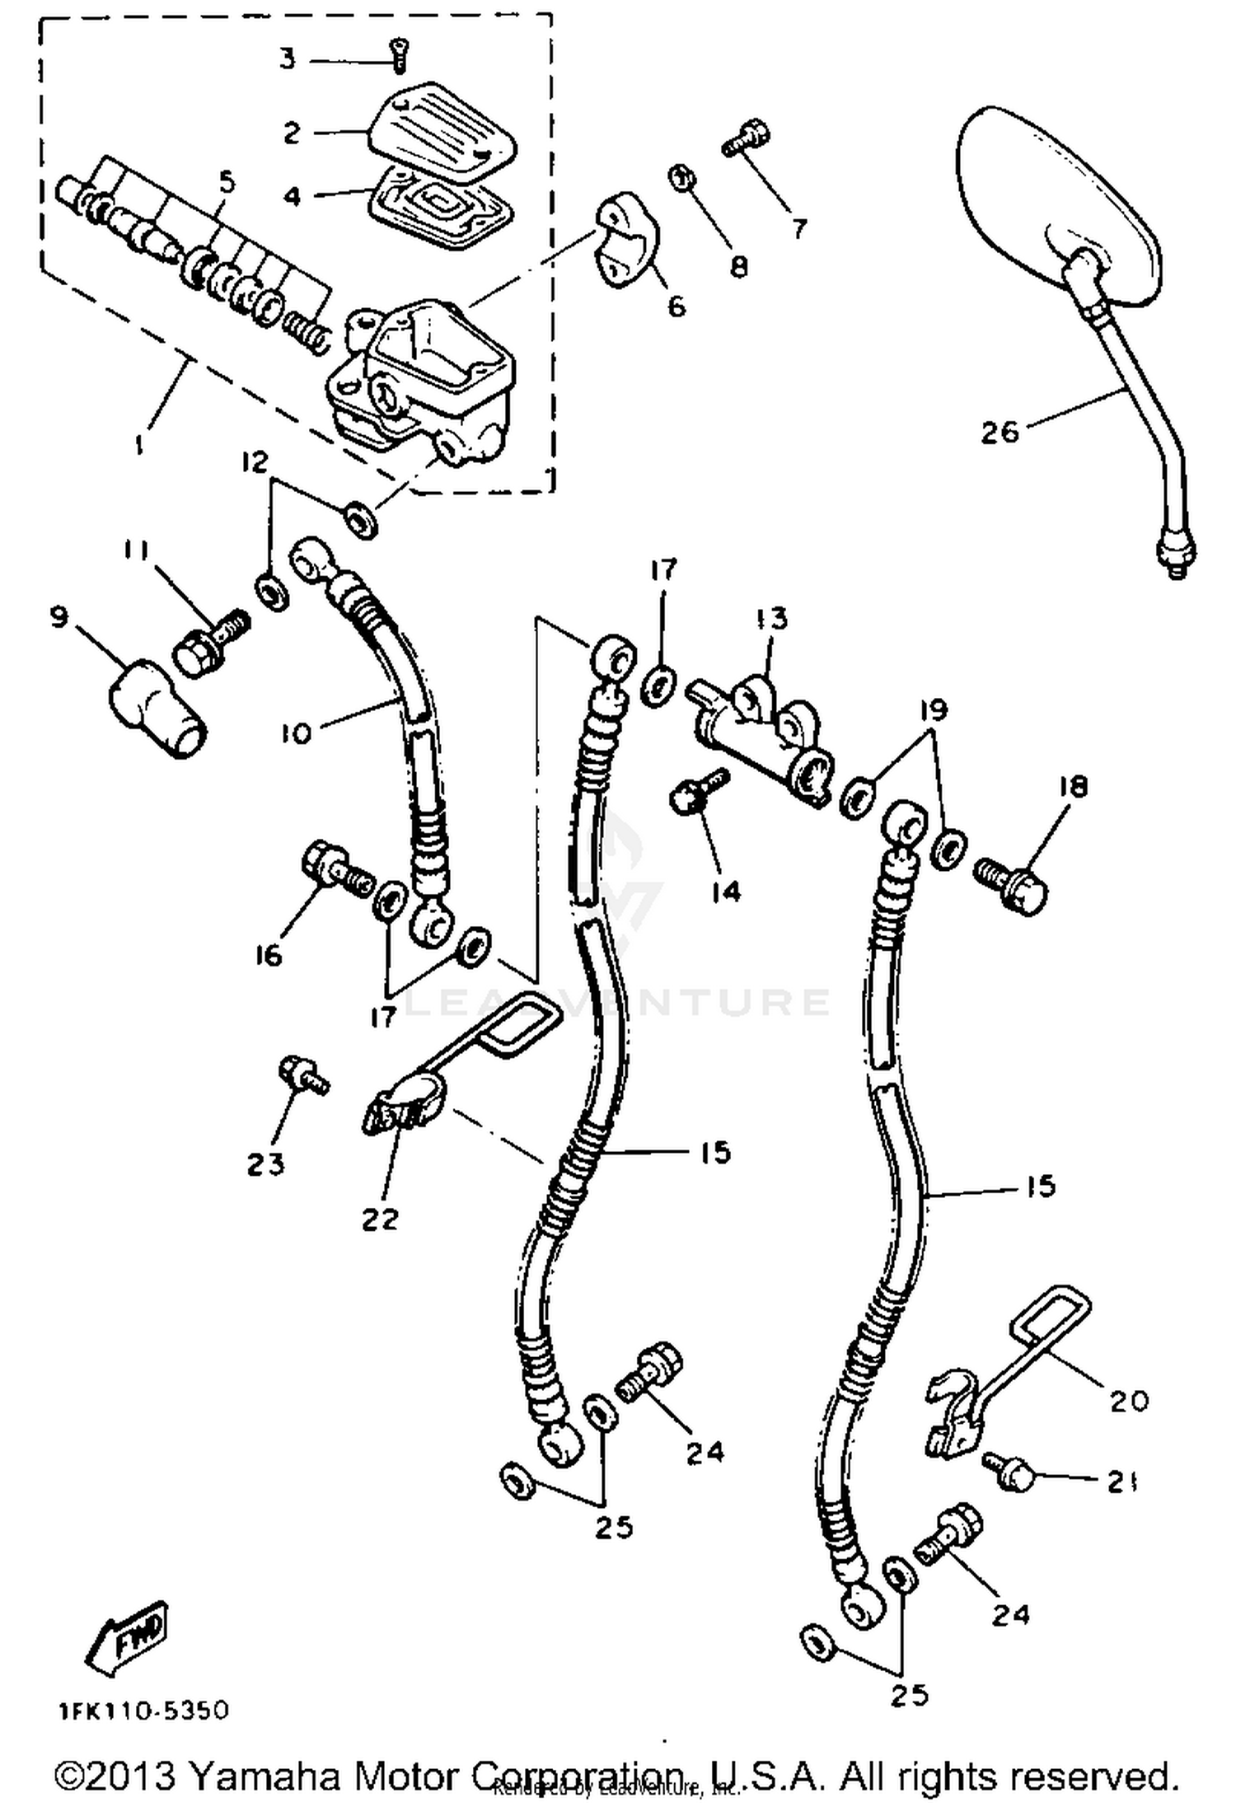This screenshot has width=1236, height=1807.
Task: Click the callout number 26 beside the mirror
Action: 1000,432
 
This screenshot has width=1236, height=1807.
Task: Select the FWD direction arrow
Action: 127,1641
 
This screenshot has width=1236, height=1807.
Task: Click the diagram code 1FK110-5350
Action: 143,1711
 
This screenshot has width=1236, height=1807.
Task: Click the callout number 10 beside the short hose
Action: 296,732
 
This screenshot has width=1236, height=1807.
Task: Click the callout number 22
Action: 380,1218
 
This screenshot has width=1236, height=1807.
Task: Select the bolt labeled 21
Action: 1010,1472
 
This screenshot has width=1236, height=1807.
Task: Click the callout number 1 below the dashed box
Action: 139,444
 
